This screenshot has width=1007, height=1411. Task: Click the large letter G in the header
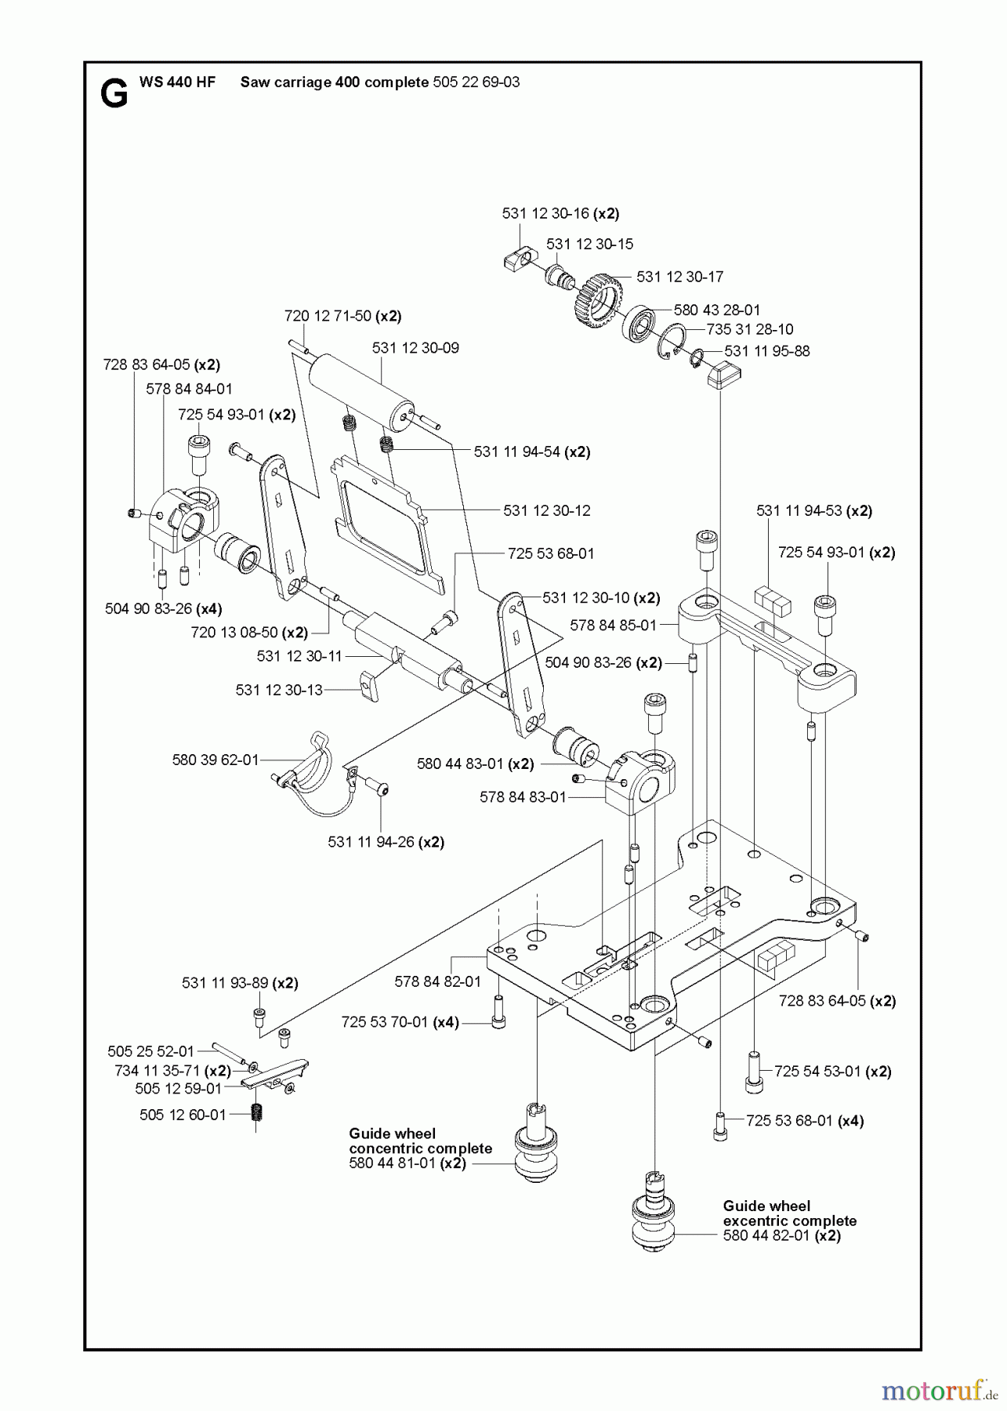[114, 94]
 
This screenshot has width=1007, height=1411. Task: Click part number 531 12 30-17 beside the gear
[679, 277]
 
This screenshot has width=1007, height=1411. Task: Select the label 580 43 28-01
[716, 310]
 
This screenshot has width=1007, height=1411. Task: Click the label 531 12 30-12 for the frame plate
[546, 510]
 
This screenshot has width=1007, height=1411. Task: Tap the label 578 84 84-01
[189, 389]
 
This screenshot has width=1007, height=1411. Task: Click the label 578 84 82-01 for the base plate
[437, 981]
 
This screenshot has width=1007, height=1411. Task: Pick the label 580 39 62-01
[215, 760]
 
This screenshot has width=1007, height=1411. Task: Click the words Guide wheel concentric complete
[420, 1141]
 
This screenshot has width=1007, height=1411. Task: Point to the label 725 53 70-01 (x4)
[400, 1022]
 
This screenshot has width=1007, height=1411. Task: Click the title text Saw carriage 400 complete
[334, 82]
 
